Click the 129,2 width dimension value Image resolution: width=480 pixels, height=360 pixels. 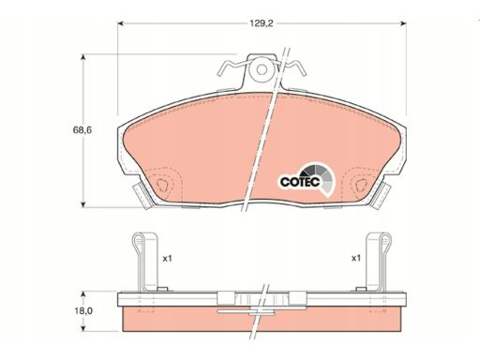pyautogui.click(x=262, y=23)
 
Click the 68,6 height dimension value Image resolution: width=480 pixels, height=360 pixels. pyautogui.click(x=82, y=130)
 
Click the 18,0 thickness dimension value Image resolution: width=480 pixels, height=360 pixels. pyautogui.click(x=83, y=311)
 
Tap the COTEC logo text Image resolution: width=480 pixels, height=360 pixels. pyautogui.click(x=300, y=182)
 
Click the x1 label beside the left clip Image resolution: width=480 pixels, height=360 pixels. pyautogui.click(x=168, y=259)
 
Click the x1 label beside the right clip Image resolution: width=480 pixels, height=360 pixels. pyautogui.click(x=356, y=259)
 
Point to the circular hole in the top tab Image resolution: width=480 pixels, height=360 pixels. pyautogui.click(x=262, y=69)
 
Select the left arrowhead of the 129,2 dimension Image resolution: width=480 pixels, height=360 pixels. pyautogui.click(x=121, y=23)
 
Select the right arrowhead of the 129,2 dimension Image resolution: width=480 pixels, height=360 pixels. pyautogui.click(x=403, y=23)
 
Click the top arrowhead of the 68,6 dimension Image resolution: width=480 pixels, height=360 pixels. pyautogui.click(x=82, y=57)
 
